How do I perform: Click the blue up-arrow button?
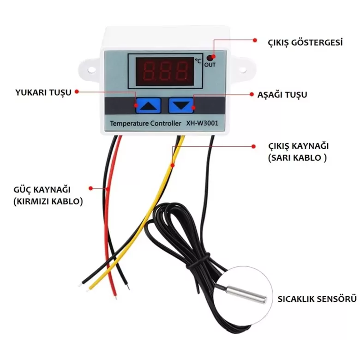tap(148, 106)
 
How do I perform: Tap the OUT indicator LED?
tap(210, 58)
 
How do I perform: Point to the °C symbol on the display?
tap(198, 60)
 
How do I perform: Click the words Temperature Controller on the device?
tap(145, 123)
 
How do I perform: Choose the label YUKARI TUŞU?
tap(44, 92)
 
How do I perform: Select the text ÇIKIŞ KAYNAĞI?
tap(299, 146)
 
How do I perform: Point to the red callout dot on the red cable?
tap(107, 188)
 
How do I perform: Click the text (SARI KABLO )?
tap(297, 157)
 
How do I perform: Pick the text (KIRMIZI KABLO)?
tap(48, 202)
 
